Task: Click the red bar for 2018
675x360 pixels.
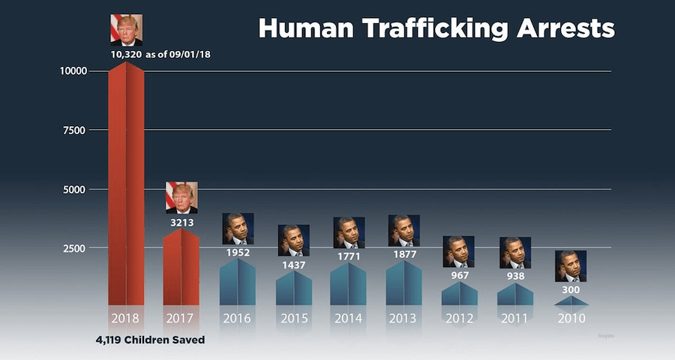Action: click(x=126, y=187)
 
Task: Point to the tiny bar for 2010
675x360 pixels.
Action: click(x=571, y=301)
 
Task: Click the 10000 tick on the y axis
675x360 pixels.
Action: click(x=73, y=71)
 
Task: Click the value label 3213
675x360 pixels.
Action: click(x=181, y=222)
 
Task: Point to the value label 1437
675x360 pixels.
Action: click(x=293, y=265)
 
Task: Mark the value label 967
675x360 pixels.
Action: click(x=460, y=276)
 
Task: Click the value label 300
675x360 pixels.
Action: click(x=571, y=290)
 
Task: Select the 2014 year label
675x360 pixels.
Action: click(x=349, y=318)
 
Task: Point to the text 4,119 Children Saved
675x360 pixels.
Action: click(x=150, y=340)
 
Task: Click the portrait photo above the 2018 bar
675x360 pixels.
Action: click(x=126, y=30)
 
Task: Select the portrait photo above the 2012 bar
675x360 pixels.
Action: click(x=458, y=252)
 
